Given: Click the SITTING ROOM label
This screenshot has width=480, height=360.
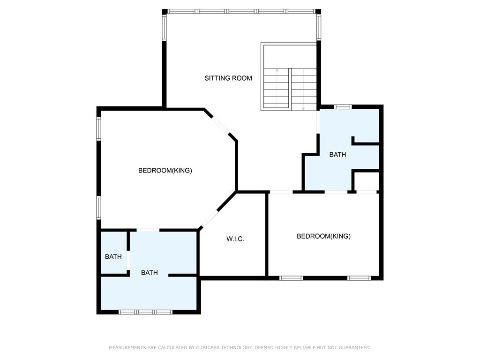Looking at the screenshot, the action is [228, 78].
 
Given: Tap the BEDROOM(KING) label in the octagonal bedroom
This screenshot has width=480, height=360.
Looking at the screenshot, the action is [165, 170].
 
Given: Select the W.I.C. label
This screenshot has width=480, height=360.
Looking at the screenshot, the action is [235, 239].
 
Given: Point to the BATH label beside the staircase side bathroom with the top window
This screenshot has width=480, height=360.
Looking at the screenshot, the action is [337, 155].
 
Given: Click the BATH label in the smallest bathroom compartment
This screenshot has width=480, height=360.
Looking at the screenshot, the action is [113, 256].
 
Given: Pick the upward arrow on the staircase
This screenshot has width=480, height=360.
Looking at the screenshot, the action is [277, 88].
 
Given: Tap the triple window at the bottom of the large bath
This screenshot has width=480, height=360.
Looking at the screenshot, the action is [145, 312].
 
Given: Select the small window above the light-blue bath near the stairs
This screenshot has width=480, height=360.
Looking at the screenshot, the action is [343, 107].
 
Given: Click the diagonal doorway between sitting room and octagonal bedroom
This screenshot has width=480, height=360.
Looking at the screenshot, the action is [220, 125].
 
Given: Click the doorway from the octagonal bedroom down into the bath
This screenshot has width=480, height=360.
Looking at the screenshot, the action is [148, 230].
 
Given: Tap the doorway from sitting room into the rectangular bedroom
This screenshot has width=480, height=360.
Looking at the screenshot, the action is [281, 192].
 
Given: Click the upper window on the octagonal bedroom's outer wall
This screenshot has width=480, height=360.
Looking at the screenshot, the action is [98, 129].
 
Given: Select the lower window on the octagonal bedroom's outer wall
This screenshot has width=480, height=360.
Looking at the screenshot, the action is [98, 208].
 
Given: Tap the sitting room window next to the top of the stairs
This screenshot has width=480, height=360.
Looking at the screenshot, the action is [319, 28].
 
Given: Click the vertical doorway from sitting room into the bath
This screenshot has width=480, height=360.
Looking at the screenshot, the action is [318, 122].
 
